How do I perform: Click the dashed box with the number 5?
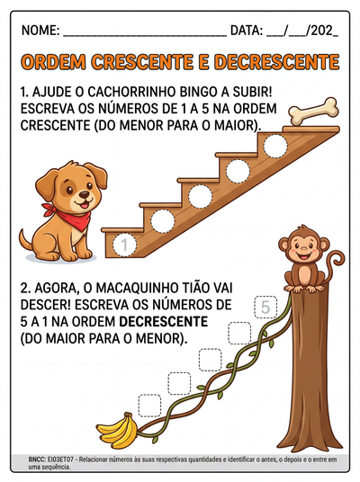coord(265,308)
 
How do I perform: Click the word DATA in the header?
coord(247,31)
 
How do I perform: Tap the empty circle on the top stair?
coord(274,146)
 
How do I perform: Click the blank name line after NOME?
coord(144,33)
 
